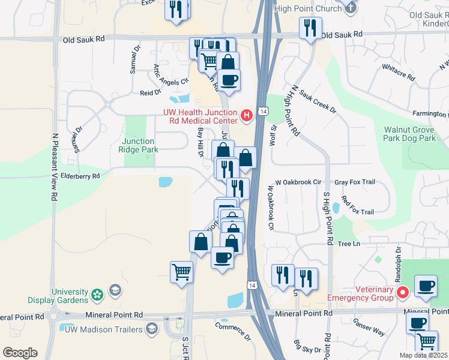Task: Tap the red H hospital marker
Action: (x=246, y=115)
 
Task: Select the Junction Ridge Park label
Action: (x=139, y=145)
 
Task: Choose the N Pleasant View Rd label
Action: (x=55, y=167)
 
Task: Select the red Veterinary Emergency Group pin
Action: (x=403, y=292)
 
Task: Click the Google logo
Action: (x=20, y=353)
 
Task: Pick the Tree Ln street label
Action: (x=348, y=244)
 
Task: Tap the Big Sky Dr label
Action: (x=307, y=347)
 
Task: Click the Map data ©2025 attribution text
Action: (x=423, y=355)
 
